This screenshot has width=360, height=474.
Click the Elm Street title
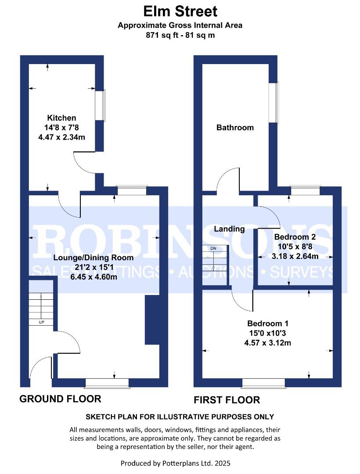180,11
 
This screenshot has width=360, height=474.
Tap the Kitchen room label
61,118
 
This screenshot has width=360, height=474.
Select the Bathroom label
235,128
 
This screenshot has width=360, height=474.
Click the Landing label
229,229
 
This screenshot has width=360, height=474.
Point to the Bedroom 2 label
295,237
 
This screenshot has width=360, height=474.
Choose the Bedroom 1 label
268,323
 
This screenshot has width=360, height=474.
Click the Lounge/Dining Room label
94,258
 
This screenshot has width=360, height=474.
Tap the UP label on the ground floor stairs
41,322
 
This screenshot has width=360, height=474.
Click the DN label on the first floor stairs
213,248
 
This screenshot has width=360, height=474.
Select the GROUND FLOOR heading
61,399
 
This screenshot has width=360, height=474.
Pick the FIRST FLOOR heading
227,400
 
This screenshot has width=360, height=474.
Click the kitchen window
100,105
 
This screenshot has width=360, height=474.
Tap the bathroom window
274,103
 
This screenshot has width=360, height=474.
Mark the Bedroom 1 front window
264,383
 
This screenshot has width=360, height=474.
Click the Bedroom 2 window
305,190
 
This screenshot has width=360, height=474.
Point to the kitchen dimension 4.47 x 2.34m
61,137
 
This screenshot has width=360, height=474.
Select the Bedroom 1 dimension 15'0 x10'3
268,333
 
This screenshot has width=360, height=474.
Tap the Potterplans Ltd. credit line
175,463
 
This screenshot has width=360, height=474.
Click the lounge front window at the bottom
108,383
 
